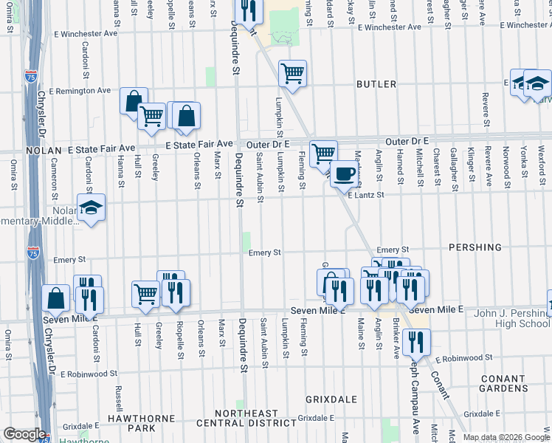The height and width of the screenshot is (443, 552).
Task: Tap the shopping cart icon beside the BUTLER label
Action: [293, 74]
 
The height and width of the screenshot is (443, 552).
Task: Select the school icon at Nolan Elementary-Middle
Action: [91, 207]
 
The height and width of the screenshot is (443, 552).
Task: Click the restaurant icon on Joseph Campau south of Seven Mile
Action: [416, 342]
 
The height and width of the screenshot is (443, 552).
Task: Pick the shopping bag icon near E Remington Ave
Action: [134, 100]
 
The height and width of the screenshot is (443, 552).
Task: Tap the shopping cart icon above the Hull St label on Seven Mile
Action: [145, 294]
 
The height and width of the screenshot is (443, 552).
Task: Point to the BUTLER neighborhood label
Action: [376, 84]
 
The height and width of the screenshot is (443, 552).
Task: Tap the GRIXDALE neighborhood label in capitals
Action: [331, 399]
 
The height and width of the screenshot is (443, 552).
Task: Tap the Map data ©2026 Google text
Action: [506, 437]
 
